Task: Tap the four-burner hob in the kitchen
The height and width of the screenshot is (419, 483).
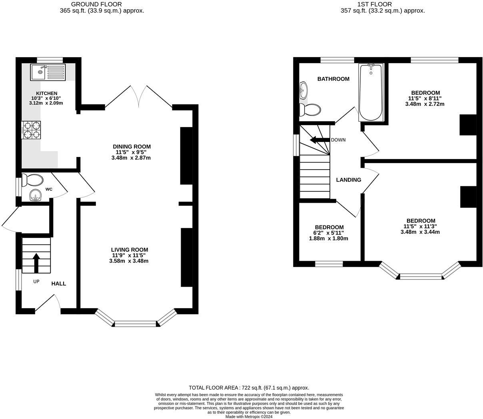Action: click(31, 130)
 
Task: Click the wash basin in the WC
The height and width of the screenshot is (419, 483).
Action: click(36, 196)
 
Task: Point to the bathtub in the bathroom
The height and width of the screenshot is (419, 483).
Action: click(371, 92)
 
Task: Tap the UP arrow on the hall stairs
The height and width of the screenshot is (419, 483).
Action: click(36, 262)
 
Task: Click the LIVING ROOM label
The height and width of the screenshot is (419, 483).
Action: click(130, 250)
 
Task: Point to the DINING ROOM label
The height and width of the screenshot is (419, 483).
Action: click(132, 147)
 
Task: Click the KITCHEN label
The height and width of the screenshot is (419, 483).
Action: click(47, 93)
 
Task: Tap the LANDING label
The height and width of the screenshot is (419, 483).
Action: click(348, 180)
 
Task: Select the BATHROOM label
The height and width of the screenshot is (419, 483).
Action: click(333, 79)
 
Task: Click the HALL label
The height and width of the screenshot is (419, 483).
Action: click(58, 283)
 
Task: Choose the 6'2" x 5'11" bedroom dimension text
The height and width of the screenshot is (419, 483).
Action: click(329, 233)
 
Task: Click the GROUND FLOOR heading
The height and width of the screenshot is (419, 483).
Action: click(96, 4)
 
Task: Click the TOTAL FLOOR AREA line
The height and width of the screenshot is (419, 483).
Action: click(249, 388)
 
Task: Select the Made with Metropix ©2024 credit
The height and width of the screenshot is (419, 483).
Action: click(249, 417)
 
